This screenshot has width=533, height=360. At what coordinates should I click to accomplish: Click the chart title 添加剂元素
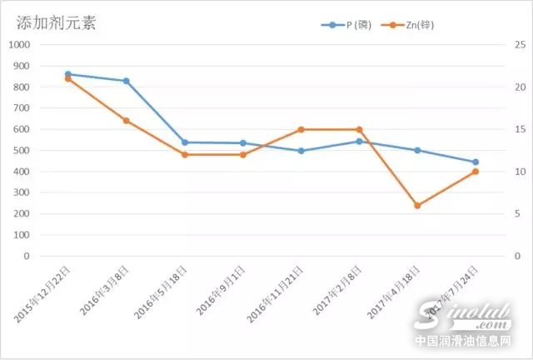(57, 22)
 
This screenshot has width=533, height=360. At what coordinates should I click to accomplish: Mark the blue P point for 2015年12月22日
(67, 74)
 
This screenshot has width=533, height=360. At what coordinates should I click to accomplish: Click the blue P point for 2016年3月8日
(126, 81)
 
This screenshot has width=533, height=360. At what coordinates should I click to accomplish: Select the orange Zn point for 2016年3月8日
(126, 121)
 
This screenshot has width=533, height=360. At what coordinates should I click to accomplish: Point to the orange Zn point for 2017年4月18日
(417, 205)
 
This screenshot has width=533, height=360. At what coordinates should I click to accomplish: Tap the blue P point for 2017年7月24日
(476, 162)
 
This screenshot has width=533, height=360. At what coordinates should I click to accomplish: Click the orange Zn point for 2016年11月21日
(301, 129)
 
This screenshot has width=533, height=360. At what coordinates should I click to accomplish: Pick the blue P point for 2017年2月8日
(359, 141)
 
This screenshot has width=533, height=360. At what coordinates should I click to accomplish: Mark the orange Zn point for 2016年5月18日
(184, 155)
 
